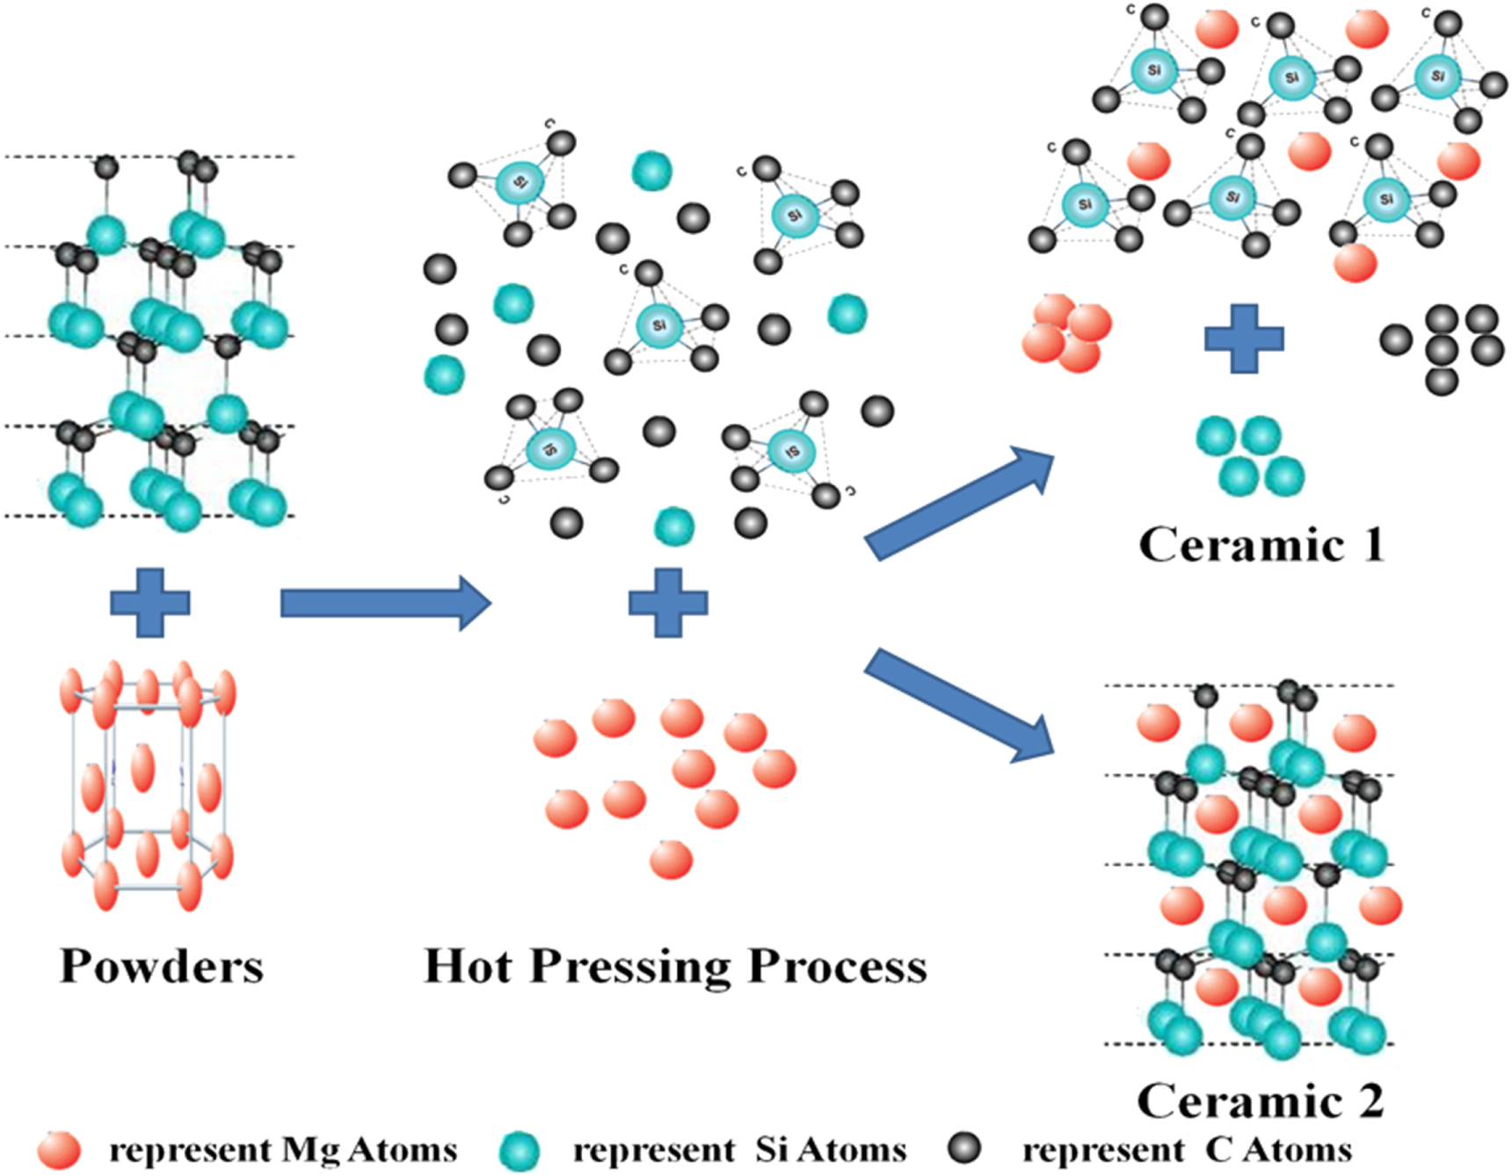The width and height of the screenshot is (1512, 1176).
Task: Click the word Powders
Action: pyautogui.click(x=161, y=966)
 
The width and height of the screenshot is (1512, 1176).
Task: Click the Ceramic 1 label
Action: pyautogui.click(x=1261, y=545)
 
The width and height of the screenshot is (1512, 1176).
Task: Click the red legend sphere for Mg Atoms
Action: pyautogui.click(x=60, y=1150)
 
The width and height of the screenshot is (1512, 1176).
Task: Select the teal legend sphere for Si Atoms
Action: pyautogui.click(x=519, y=1151)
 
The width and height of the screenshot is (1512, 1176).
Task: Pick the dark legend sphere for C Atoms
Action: pyautogui.click(x=964, y=1148)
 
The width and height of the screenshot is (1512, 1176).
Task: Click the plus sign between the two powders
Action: pyautogui.click(x=149, y=603)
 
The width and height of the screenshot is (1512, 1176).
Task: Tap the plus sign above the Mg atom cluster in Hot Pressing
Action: pyautogui.click(x=668, y=603)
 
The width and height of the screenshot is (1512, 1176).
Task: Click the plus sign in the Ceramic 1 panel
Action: pyautogui.click(x=1243, y=338)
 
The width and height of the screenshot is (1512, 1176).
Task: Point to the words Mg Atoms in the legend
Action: pyautogui.click(x=369, y=1150)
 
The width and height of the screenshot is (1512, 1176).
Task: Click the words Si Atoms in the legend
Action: pyautogui.click(x=831, y=1150)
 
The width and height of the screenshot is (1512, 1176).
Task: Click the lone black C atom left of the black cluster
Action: pyautogui.click(x=1396, y=339)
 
